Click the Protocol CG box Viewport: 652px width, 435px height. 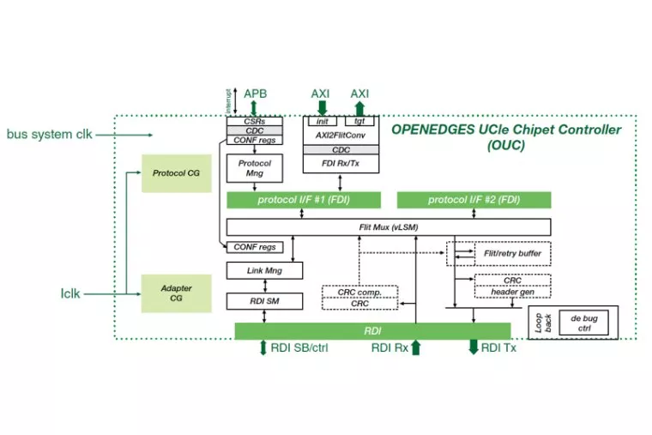click(x=176, y=173)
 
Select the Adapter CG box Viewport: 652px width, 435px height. click(x=176, y=292)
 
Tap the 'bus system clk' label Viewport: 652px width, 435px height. click(x=48, y=135)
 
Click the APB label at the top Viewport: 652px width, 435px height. click(x=256, y=93)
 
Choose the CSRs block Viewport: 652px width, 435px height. click(x=255, y=122)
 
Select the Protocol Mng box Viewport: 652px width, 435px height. click(x=255, y=168)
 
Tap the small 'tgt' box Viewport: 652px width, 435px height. click(x=359, y=121)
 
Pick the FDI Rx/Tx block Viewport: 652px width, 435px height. click(x=341, y=165)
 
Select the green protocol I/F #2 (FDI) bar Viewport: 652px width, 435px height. click(x=474, y=201)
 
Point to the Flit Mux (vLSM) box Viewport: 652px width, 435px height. click(x=388, y=227)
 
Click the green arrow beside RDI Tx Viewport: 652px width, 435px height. click(x=473, y=347)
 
